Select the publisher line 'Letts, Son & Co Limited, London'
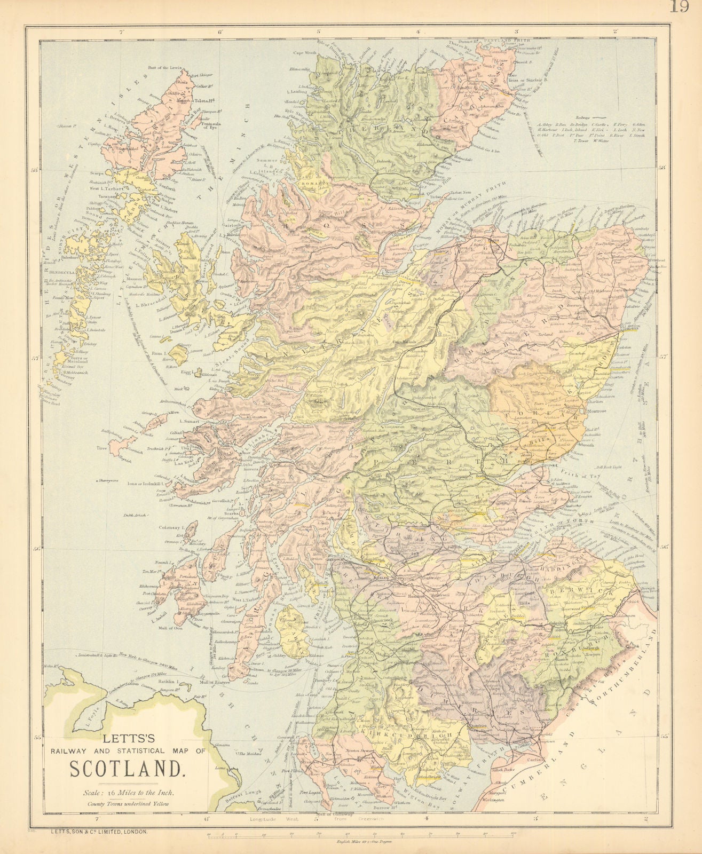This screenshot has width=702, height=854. (x=96, y=832)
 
